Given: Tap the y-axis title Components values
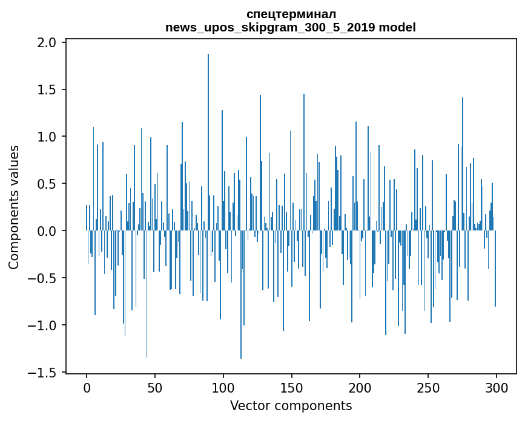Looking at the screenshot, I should (x=15, y=207).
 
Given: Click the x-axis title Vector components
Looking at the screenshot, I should (x=291, y=406).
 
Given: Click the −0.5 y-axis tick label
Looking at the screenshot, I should (x=44, y=278).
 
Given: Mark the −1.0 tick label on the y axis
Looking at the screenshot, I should (x=44, y=325).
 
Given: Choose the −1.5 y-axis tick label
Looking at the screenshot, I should (x=44, y=373).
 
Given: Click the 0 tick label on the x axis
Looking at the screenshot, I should (x=87, y=387).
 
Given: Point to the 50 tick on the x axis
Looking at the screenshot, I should (x=155, y=387).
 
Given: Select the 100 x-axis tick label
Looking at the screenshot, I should (x=223, y=387).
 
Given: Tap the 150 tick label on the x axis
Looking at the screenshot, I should (x=291, y=387).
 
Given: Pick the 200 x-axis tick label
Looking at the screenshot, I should (x=360, y=387).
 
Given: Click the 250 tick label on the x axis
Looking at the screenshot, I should (x=428, y=387).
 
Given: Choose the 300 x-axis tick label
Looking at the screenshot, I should (x=497, y=387).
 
